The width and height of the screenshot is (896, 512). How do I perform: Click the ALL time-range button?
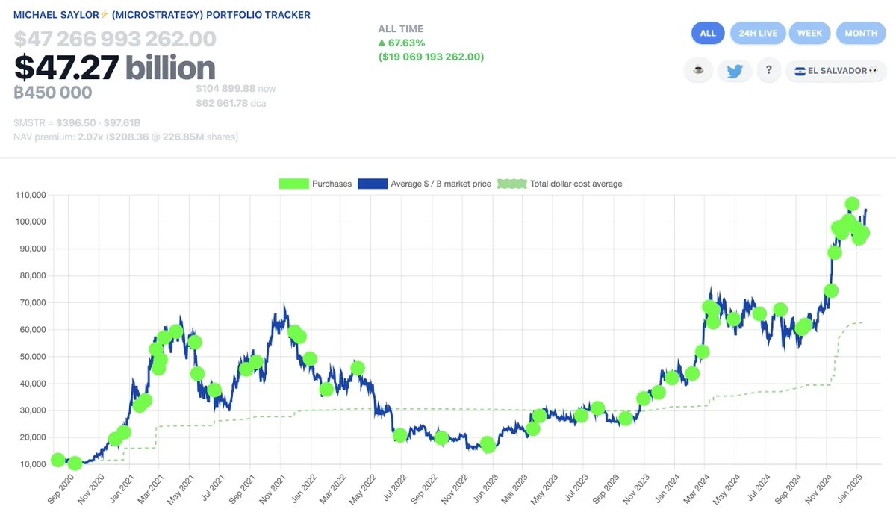708,33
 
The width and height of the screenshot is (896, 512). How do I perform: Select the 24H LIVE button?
757,33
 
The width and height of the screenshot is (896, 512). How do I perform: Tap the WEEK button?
809,33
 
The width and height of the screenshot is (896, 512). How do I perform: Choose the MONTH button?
861,33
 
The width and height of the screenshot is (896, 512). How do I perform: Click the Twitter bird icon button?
735,71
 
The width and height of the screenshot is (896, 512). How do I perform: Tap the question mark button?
768,71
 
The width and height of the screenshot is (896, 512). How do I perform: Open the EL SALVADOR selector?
836,71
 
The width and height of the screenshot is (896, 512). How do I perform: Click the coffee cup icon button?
698,71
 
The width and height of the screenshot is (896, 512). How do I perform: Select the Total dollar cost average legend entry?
560,184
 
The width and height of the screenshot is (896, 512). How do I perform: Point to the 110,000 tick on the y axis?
31,195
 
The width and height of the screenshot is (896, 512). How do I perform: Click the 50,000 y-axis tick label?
31,357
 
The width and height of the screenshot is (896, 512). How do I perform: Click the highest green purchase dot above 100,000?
852,204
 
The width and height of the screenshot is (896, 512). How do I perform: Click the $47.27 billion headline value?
114,68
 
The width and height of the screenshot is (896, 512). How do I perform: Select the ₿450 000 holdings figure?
52,93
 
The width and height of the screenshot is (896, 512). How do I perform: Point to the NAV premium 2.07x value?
86,137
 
